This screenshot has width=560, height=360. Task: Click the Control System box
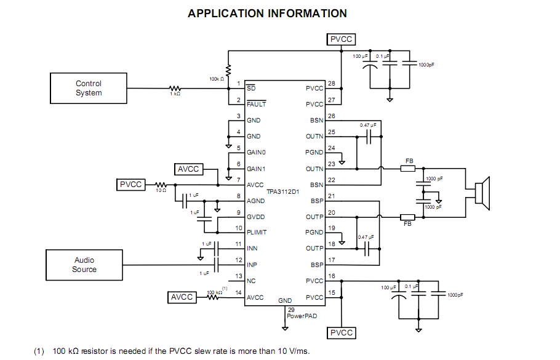[89, 89]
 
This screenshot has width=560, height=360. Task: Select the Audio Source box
[84, 265]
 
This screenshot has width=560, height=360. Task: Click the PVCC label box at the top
[342, 39]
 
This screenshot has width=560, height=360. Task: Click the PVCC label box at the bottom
[342, 333]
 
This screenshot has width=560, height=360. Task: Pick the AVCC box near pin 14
[182, 297]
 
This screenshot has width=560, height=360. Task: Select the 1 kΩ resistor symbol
[174, 89]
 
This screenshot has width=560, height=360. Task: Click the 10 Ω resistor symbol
[161, 185]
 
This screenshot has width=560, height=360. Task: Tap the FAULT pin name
[256, 105]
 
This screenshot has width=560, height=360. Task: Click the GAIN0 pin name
[257, 153]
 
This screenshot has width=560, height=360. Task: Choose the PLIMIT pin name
[258, 233]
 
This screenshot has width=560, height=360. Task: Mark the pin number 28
[331, 84]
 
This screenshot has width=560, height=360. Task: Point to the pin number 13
[238, 276]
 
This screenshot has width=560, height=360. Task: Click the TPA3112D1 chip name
[283, 192]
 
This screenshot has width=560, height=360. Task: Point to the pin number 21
[331, 196]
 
